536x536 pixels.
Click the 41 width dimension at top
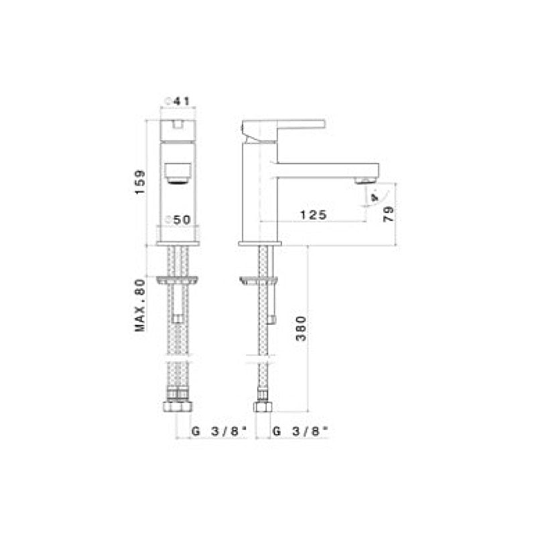coord(178,100)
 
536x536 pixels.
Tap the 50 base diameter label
coord(179,220)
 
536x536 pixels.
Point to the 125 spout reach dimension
coord(312,214)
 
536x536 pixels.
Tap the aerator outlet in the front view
coord(178,177)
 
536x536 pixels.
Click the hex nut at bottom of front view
coord(178,407)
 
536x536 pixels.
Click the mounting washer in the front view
coord(178,280)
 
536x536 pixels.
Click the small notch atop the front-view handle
coord(178,123)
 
